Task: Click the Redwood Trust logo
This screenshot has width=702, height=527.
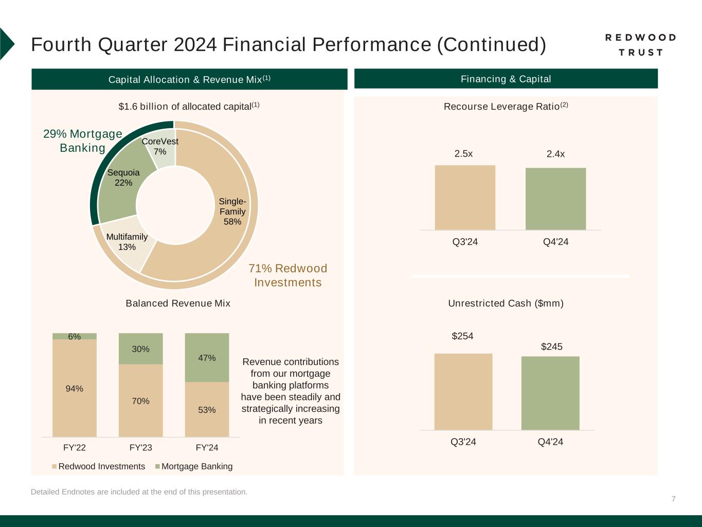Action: pyautogui.click(x=640, y=45)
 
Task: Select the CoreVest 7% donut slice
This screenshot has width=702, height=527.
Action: pyautogui.click(x=160, y=147)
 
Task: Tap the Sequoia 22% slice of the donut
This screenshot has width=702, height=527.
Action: pyautogui.click(x=123, y=178)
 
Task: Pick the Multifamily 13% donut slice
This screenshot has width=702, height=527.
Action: pyautogui.click(x=127, y=242)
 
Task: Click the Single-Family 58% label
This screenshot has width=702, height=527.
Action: pyautogui.click(x=232, y=212)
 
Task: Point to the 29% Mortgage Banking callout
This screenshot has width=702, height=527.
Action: pyautogui.click(x=83, y=141)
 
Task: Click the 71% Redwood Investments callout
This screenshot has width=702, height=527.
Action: pyautogui.click(x=288, y=275)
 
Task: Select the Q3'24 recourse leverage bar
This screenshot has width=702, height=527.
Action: pyautogui.click(x=465, y=198)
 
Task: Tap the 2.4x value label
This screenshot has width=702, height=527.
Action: pyautogui.click(x=555, y=154)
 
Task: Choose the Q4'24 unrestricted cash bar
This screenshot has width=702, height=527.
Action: pyautogui.click(x=550, y=393)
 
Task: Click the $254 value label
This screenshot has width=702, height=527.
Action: pyautogui.click(x=462, y=336)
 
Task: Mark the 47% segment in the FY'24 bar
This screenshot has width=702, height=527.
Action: pyautogui.click(x=207, y=358)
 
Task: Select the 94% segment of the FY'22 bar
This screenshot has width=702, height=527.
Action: pyautogui.click(x=75, y=389)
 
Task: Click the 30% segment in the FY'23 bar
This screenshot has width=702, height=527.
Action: pyautogui.click(x=140, y=349)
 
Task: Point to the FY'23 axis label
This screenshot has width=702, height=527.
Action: pyautogui.click(x=140, y=448)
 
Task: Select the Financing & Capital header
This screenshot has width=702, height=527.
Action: pyautogui.click(x=506, y=79)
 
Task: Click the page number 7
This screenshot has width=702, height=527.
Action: pyautogui.click(x=673, y=499)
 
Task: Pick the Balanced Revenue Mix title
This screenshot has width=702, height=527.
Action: pyautogui.click(x=178, y=303)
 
